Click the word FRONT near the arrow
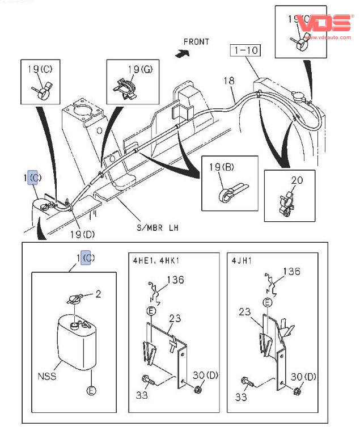coord(196,41)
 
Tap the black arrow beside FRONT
coord(182,53)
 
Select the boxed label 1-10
coord(245,50)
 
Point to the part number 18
coord(228,81)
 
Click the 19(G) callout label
coord(139,70)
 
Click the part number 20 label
coord(297,180)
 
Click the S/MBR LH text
coord(158,227)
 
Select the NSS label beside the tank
coord(47,376)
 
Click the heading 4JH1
coord(242,260)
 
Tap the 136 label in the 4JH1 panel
coord(291,272)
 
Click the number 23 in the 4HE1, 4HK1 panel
coord(175,319)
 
